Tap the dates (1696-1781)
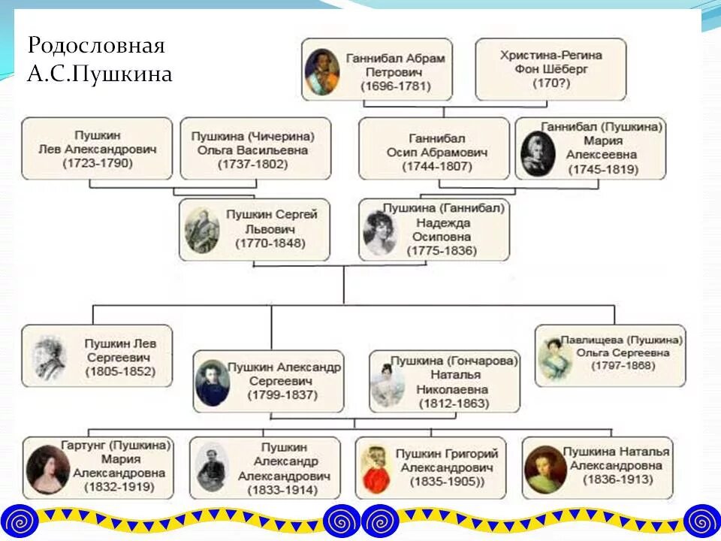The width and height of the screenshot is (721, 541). pos(395,86)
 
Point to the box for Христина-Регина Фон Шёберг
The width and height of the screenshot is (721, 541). pos(551,69)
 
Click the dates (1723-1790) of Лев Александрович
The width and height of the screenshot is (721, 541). pos(97,163)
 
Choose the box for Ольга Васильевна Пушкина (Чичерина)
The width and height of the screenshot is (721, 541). pos(255,148)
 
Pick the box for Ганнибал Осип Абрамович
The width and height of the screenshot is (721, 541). pos(433,148)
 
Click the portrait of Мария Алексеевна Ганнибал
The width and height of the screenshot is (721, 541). pos(538,153)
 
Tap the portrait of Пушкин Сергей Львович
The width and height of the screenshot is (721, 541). pos(202,230)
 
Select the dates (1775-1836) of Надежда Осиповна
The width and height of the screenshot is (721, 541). pos(442,250)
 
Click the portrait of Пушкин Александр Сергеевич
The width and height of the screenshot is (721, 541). pos(213,382)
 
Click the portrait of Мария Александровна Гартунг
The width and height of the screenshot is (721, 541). pos(47,470)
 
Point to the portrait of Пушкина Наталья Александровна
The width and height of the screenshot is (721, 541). pos(546,469)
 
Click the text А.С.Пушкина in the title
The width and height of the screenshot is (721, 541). pos(100,74)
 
